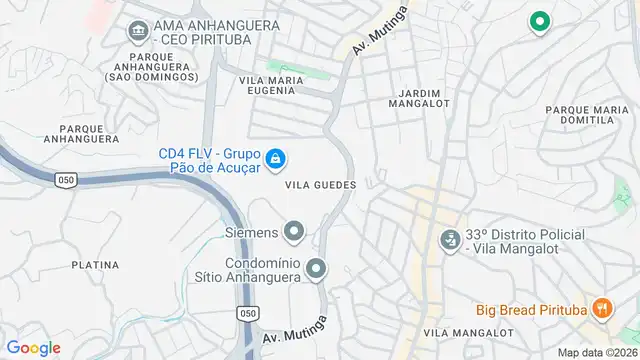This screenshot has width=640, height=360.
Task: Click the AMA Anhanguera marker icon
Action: [138, 32]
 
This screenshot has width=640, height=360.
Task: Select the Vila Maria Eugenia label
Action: [266, 83]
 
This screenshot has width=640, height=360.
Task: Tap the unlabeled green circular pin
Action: [539, 20]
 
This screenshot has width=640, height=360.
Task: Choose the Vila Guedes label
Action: [320, 185]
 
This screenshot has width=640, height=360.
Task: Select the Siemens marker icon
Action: [293, 233]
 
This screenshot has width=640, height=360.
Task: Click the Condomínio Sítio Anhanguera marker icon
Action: [317, 268]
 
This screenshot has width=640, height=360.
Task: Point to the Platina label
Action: [95, 265]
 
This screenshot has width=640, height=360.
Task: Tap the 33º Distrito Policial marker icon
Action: [450, 240]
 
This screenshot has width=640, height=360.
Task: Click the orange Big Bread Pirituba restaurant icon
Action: [601, 309]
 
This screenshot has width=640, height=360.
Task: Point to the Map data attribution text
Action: [596, 352]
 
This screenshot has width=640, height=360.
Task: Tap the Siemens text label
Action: [250, 233]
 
